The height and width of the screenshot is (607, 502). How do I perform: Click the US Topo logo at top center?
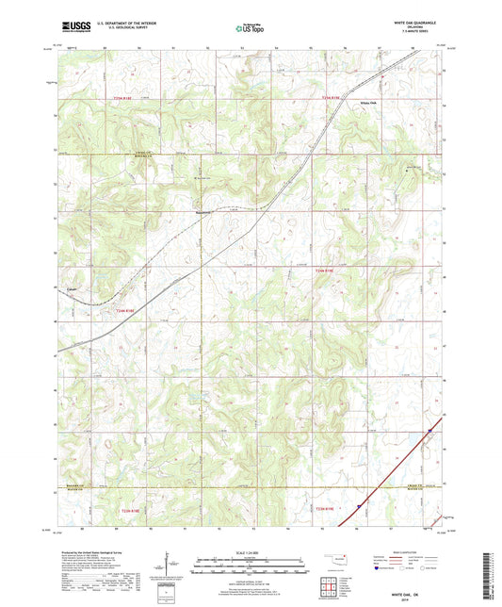tap(250, 29)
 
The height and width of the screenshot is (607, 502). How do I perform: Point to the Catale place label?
tap(72, 289)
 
